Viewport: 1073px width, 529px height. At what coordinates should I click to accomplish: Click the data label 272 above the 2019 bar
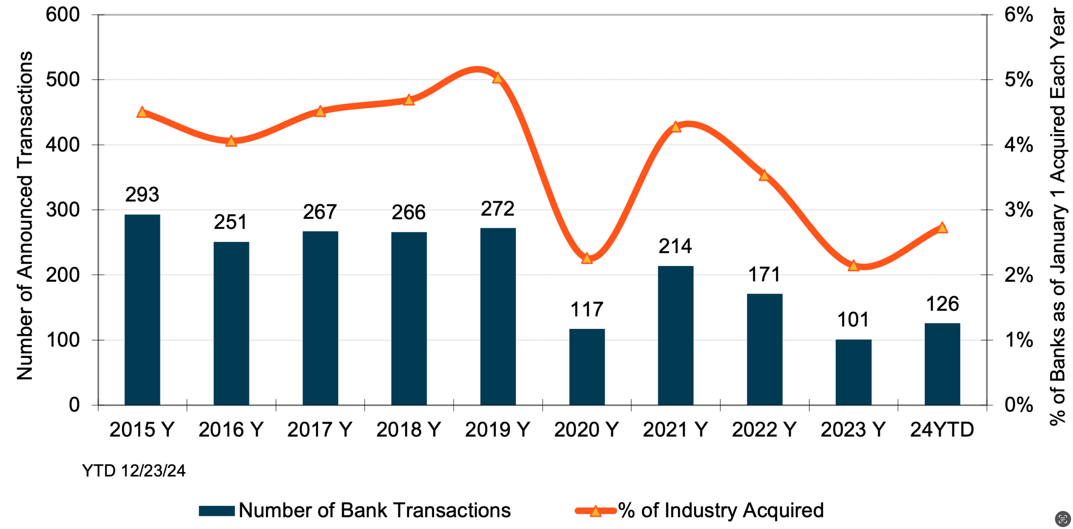tap(498, 209)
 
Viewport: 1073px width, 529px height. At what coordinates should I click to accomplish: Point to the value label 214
tap(675, 246)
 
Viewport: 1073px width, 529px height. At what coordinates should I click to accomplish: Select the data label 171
tap(764, 274)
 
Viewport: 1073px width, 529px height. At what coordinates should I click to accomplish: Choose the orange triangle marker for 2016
tap(231, 141)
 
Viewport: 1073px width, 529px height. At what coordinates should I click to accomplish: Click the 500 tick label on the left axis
tap(63, 79)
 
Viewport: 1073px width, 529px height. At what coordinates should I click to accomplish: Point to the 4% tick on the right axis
tap(1018, 145)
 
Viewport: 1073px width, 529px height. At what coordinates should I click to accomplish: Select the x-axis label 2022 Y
tap(764, 429)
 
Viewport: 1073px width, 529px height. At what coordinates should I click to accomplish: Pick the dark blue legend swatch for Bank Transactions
tap(217, 511)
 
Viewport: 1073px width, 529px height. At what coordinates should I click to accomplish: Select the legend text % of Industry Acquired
tap(721, 511)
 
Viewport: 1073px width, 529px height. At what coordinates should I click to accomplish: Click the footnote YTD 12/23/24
tap(134, 471)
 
